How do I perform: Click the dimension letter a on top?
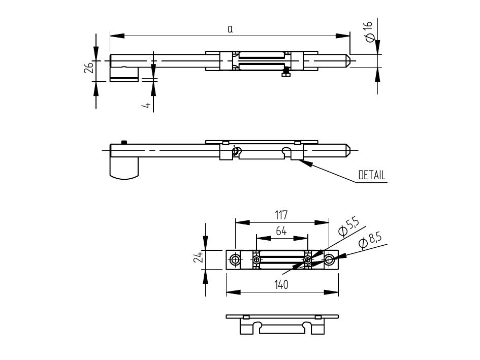click(230, 29)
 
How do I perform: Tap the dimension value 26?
click(89, 67)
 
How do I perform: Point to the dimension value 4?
click(146, 105)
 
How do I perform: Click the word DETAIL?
click(372, 176)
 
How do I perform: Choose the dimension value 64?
click(281, 231)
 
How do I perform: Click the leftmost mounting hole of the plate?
click(235, 260)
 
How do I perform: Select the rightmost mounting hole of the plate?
click(329, 260)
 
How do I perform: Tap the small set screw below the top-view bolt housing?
click(286, 75)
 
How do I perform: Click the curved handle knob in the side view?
click(124, 168)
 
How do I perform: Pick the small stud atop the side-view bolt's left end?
click(123, 142)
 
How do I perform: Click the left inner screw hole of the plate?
click(256, 260)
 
